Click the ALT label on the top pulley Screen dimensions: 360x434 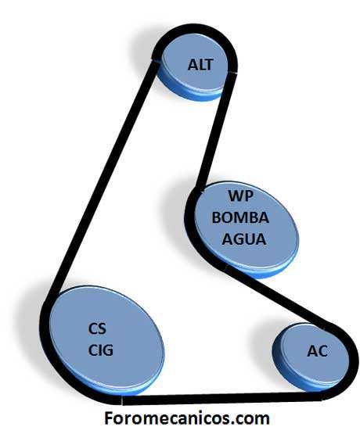click(200, 65)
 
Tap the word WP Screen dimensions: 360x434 click(240, 196)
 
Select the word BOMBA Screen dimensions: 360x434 click(240, 217)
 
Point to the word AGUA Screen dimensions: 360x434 click(244, 239)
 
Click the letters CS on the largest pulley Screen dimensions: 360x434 click(97, 328)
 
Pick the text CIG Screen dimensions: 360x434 click(101, 350)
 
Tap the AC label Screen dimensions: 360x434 click(318, 351)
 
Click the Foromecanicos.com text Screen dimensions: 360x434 click(186, 418)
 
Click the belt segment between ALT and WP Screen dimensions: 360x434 click(215, 130)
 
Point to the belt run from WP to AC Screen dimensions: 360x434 click(277, 296)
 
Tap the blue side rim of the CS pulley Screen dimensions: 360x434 click(111, 386)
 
